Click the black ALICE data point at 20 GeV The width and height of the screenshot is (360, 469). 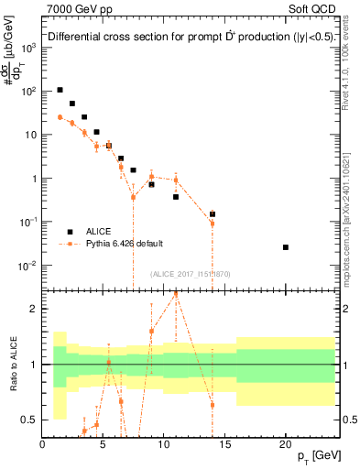[x=286, y=247]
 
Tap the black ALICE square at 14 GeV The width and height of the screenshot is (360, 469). [x=213, y=214]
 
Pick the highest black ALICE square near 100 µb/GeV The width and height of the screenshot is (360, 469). [x=60, y=90]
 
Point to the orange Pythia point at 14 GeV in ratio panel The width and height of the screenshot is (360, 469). [x=213, y=405]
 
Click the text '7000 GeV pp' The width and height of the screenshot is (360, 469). [x=74, y=8]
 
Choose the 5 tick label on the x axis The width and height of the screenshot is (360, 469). [x=103, y=446]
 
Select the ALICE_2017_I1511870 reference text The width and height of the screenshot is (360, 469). [x=189, y=274]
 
